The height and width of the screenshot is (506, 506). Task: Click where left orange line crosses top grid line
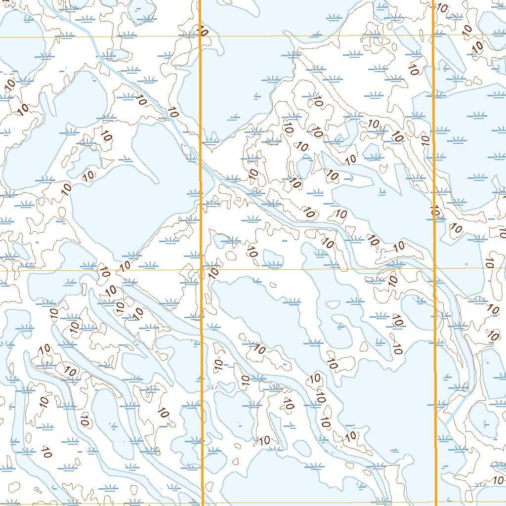click(200, 37)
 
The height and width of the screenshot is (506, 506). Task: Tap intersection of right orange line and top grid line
click(433, 36)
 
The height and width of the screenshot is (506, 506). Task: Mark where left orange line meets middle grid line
click(202, 270)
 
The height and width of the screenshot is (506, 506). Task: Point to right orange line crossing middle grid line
click(435, 268)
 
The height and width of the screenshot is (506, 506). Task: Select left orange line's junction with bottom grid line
click(203, 504)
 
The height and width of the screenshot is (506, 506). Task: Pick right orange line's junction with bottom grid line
click(436, 503)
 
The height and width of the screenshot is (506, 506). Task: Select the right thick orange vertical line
click(434, 148)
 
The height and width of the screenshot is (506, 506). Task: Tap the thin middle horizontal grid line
click(321, 269)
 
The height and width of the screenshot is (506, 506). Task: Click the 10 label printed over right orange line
click(434, 212)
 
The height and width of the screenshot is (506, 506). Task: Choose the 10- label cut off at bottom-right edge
click(498, 480)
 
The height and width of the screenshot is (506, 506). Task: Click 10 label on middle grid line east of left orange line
click(213, 271)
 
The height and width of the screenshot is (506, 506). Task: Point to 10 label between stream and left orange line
click(173, 112)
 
